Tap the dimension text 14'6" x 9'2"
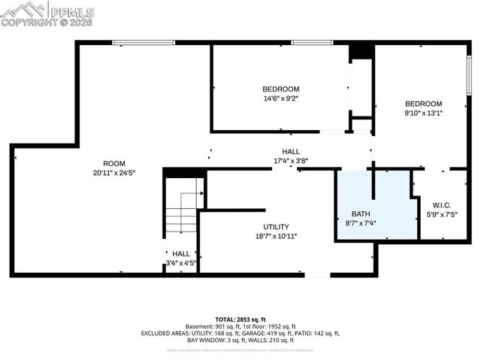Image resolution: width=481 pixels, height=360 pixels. [280, 98]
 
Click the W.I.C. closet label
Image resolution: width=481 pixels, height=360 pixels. [441, 204]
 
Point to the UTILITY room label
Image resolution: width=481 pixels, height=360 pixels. [276, 226]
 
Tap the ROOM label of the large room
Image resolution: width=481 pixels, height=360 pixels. [114, 163]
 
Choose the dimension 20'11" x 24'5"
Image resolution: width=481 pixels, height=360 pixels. [114, 173]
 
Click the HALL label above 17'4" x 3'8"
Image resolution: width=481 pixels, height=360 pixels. [291, 151]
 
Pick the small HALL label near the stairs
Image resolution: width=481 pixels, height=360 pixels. [181, 253]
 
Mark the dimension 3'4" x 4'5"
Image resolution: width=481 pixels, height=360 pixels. [181, 263]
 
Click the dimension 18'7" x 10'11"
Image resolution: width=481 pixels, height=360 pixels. [276, 236]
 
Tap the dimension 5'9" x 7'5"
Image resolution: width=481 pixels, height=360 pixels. [441, 214]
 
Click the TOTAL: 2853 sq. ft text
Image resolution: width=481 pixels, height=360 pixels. [240, 319]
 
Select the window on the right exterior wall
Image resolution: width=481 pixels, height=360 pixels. [470, 76]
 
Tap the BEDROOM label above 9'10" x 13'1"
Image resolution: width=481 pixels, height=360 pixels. [423, 103]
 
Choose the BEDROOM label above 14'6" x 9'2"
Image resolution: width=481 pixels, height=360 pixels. [281, 88]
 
